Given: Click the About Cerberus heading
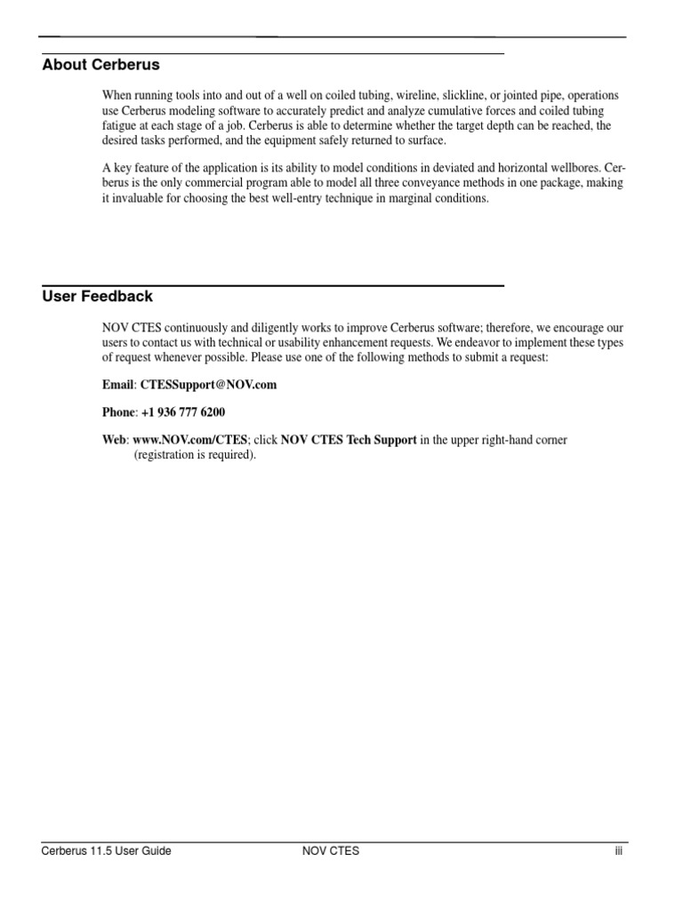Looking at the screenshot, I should coord(100,65).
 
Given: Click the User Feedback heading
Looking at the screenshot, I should coord(97,297).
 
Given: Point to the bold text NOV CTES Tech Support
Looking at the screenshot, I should coord(349,440).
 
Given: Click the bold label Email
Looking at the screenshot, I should coord(118,385).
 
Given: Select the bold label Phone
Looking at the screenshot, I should coord(119,412).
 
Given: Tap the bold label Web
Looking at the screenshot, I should coord(115,440).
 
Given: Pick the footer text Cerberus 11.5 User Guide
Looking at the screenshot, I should coord(107,850).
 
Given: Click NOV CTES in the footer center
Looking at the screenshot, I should coord(331,850).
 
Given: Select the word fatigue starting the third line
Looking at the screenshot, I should coord(120,125).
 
